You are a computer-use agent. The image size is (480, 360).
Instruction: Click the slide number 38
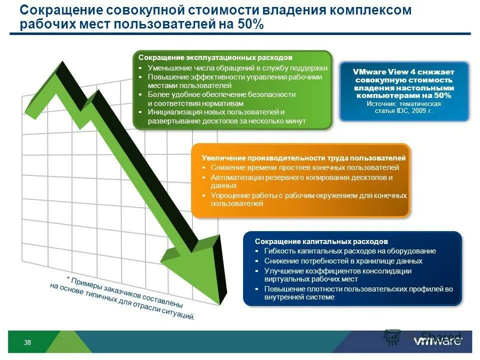click(27, 342)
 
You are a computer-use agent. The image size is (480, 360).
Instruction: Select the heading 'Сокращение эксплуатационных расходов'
click(215, 58)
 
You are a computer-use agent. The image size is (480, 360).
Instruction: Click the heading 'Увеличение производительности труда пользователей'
click(303, 158)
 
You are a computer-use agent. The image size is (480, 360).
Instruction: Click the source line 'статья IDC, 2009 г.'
click(403, 110)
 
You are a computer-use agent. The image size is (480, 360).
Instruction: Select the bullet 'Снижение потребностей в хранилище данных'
click(343, 261)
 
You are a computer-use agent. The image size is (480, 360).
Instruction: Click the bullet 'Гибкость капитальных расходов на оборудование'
click(350, 251)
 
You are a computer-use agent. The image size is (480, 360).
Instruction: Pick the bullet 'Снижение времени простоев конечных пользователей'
click(304, 167)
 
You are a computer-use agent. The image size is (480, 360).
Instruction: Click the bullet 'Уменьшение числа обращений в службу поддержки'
click(237, 68)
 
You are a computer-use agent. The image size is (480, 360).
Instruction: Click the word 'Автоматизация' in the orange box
click(234, 177)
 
